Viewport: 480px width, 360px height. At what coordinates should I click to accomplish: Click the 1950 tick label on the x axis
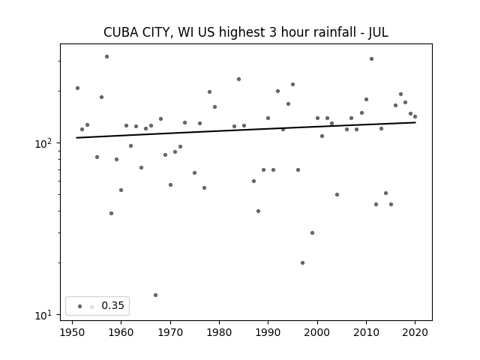pos(72,332)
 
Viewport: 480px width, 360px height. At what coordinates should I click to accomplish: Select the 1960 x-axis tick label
pos(121,332)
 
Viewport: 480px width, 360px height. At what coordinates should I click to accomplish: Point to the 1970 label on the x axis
pos(170,332)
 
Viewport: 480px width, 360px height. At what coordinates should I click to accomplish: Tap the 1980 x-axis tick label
pos(219,332)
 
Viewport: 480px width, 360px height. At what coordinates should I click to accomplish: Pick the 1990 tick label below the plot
pos(268,332)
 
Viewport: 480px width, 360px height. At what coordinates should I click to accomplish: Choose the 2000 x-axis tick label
pos(317,332)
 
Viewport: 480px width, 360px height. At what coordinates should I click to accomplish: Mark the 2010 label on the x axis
pos(366,332)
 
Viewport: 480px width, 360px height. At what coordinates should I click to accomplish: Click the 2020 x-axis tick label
pos(415,332)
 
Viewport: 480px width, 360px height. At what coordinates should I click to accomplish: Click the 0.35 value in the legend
pos(112,305)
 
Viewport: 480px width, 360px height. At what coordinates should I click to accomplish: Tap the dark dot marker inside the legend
pos(79,306)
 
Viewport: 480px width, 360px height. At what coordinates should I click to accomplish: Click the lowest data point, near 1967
pos(155,295)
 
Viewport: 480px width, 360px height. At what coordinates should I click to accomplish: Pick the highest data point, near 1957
pos(106,57)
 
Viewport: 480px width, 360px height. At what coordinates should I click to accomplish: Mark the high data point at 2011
pos(371,58)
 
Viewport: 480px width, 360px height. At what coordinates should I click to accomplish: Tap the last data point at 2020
pos(415,117)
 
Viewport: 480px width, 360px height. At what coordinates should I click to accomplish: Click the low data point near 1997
pos(302,262)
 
